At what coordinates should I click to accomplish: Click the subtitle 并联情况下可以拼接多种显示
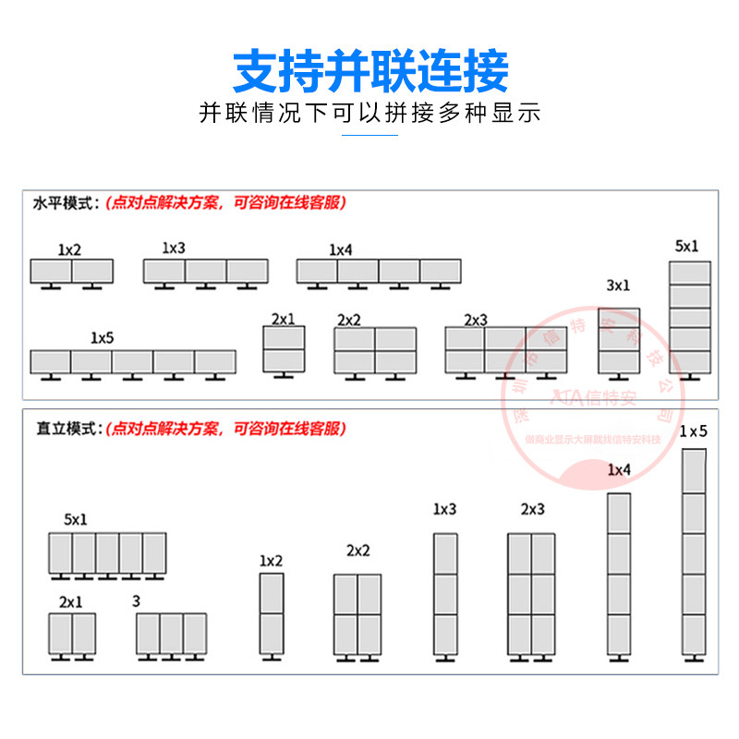[369, 114]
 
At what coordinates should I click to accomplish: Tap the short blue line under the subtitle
[369, 135]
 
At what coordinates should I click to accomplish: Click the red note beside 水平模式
[225, 203]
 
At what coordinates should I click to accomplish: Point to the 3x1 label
[618, 285]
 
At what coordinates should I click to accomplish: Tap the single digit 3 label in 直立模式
[137, 600]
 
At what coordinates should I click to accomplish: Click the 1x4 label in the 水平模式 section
[341, 249]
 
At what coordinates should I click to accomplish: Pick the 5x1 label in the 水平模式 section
[687, 246]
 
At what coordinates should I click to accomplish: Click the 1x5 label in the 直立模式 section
[693, 431]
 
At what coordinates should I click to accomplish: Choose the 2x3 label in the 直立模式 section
[532, 509]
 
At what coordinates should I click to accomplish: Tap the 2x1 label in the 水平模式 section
[283, 319]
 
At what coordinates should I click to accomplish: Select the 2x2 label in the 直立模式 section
[357, 551]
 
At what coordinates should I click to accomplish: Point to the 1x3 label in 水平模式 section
[174, 248]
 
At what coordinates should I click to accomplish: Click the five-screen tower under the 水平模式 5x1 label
[690, 318]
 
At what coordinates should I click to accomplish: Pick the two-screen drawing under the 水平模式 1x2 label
[71, 271]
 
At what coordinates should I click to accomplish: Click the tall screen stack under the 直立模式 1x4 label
[619, 573]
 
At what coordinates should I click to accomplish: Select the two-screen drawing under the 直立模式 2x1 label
[72, 634]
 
